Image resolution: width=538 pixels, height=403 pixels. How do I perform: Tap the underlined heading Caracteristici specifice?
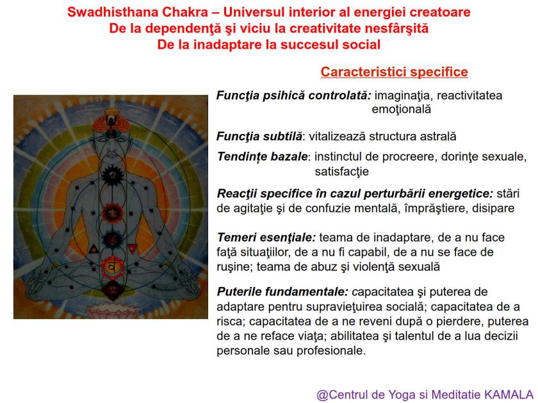point(394,72)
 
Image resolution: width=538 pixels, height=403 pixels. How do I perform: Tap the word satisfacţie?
point(341,171)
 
